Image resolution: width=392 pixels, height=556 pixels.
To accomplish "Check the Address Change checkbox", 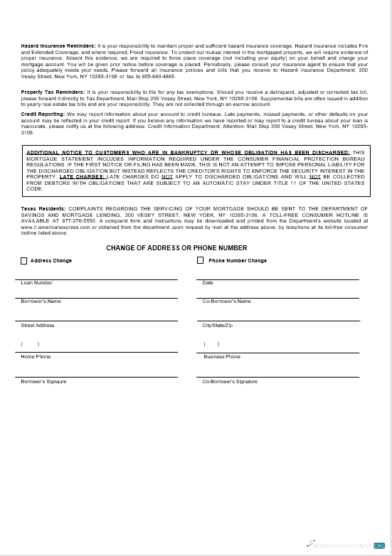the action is coord(24,261).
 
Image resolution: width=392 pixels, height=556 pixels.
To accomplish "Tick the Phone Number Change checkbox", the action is coord(201,261).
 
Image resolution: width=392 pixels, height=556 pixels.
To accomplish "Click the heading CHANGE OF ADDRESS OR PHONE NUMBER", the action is coord(176,248).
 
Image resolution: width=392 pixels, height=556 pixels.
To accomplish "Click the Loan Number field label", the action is coord(37,283).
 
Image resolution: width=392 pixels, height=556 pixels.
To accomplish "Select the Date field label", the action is coord(208,283).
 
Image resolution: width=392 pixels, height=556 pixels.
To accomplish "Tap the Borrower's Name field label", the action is coord(41,301).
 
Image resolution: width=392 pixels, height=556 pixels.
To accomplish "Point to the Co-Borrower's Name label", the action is coord(226,301).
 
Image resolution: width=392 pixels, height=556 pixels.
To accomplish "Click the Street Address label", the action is coord(38,326).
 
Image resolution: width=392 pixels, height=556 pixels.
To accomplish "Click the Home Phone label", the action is coord(36,357).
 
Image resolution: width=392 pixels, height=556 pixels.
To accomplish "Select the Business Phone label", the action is coord(222,357).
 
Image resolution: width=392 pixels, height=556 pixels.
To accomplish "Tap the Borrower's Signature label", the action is coord(44,382).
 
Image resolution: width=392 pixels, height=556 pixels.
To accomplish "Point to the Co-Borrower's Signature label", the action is coord(230,382).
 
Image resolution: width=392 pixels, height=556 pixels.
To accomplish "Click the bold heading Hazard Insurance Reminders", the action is coord(58,46).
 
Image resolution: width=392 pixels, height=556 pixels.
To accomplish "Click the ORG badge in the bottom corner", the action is coord(379,545).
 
